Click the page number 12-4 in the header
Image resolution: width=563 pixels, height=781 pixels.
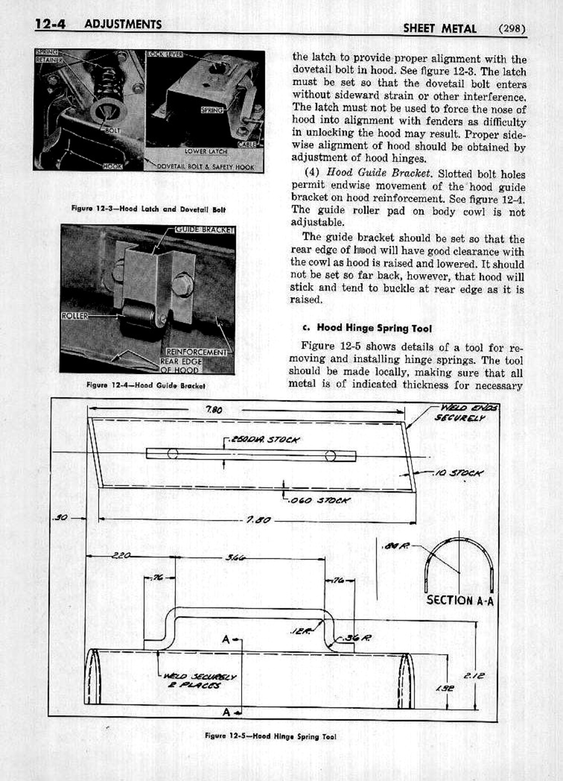point(50,24)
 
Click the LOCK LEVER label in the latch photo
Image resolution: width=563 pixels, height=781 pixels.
point(165,54)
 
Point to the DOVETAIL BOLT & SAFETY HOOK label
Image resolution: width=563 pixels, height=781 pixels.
point(205,167)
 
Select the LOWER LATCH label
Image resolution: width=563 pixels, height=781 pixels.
point(206,151)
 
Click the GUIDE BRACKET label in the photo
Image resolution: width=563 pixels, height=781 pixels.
point(205,229)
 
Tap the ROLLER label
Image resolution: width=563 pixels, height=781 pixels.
point(75,316)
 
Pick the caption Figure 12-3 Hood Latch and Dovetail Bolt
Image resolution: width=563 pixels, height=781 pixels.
point(148,209)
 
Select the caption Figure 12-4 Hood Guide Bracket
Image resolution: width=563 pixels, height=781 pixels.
point(145,385)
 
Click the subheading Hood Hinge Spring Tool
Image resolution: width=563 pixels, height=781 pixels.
point(374,328)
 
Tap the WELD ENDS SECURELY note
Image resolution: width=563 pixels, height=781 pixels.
point(466,413)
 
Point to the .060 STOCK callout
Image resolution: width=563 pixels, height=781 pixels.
point(319,500)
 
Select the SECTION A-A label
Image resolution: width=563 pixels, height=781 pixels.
point(460,600)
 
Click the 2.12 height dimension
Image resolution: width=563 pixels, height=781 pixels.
point(473,675)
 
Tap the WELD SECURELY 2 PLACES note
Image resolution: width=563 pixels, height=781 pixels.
point(199,681)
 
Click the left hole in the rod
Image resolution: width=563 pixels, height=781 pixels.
point(173,454)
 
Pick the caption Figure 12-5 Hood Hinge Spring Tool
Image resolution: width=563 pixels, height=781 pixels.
point(270,736)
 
